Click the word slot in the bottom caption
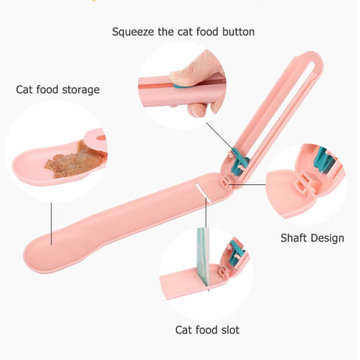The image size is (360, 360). (x=230, y=330)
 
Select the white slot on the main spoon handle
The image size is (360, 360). (x=203, y=193)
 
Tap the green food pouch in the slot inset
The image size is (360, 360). (x=203, y=257)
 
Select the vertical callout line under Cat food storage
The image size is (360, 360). (x=51, y=224)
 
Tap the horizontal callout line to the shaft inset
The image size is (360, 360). (x=247, y=184)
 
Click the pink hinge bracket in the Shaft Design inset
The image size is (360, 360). (x=304, y=184)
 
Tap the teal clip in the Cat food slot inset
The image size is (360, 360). (x=236, y=254)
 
